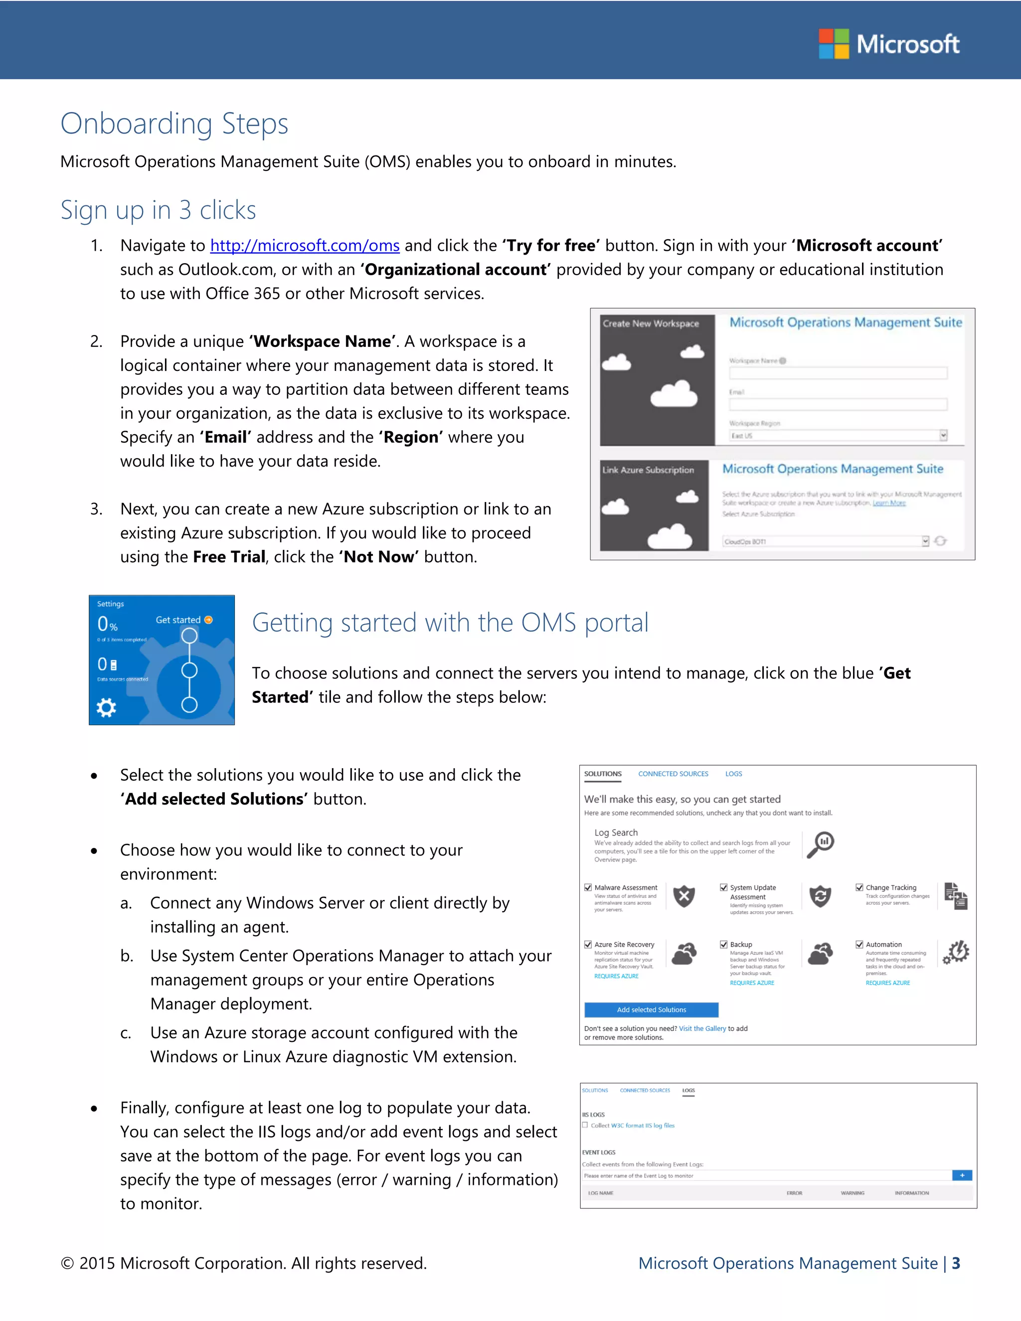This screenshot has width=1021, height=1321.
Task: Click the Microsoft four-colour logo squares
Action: click(x=834, y=43)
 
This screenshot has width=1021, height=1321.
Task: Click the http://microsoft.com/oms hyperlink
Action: click(x=305, y=246)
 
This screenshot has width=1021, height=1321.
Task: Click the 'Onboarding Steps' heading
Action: click(x=174, y=124)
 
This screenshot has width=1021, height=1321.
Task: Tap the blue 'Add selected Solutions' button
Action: click(x=651, y=1009)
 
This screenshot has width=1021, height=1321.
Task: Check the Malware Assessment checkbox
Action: click(x=588, y=887)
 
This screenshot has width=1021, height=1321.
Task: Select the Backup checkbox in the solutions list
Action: click(x=723, y=944)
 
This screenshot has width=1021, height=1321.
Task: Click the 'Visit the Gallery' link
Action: click(x=701, y=1028)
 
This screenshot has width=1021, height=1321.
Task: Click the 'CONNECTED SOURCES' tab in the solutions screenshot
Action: click(x=673, y=774)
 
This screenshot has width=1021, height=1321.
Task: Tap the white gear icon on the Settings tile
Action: click(x=107, y=707)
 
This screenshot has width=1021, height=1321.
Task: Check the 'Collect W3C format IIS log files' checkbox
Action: click(x=585, y=1125)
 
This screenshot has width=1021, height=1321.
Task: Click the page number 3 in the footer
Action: click(x=956, y=1264)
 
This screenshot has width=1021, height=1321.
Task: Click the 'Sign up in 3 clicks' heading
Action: click(x=158, y=210)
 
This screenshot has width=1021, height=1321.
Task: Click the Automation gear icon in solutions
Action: click(x=956, y=953)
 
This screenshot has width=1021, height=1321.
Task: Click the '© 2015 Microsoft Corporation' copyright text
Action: click(x=243, y=1264)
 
